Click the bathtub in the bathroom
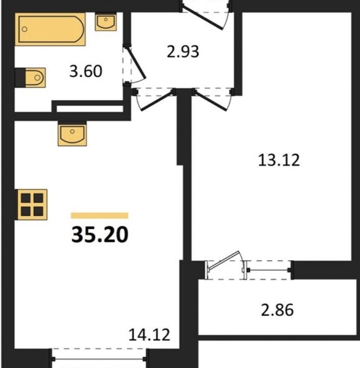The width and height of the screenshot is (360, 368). click(50, 29)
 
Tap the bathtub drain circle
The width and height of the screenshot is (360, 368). click(25, 29)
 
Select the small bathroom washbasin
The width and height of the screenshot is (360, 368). click(106, 21)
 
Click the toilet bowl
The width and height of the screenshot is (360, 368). click(35, 78)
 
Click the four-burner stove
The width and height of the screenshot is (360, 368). click(31, 205)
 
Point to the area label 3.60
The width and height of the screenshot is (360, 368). click(86, 71)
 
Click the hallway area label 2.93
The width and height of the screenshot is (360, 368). click(183, 52)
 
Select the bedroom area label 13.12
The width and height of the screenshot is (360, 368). click(279, 160)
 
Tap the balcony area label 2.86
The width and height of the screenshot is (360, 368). click(277, 310)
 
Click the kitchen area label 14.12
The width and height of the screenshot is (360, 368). click(149, 335)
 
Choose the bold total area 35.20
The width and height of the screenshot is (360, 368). click(100, 235)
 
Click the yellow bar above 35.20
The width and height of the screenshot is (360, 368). click(100, 215)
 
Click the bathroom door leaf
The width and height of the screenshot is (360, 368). click(136, 63)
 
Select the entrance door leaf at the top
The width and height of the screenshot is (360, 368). click(202, 18)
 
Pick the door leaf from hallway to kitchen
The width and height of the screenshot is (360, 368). click(157, 101)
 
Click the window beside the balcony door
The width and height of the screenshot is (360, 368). click(269, 270)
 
